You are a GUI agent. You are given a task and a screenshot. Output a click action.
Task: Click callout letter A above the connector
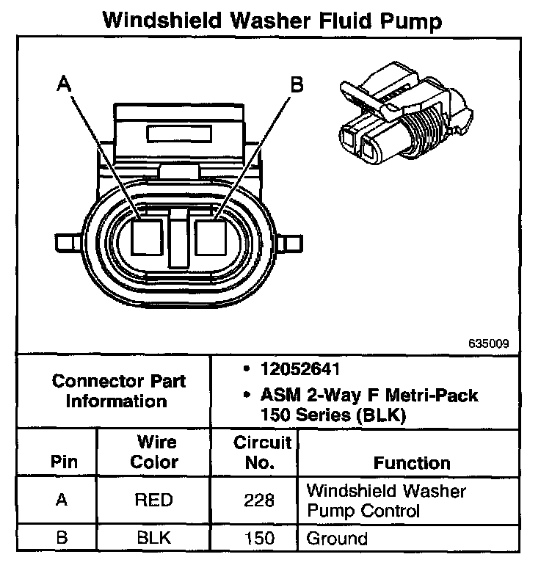(x=64, y=85)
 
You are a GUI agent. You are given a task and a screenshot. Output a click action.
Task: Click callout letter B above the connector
(x=297, y=85)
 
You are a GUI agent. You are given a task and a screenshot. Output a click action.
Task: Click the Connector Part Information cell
(x=118, y=391)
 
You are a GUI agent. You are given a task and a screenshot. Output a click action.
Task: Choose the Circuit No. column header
(x=262, y=453)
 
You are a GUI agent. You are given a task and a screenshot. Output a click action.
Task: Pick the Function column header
(x=412, y=463)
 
